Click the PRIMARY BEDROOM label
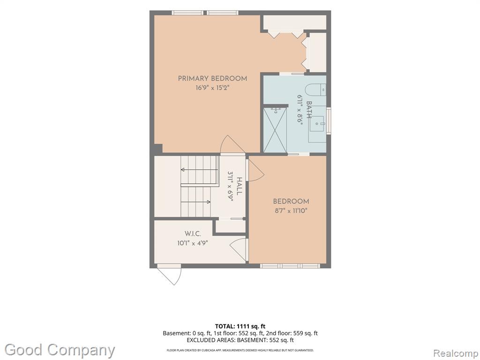point(212,78)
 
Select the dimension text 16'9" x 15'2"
point(212,88)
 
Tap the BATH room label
point(309,109)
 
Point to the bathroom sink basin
point(317,124)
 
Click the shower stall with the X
point(275,130)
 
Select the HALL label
point(240,186)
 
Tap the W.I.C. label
point(193,234)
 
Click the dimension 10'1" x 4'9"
point(193,244)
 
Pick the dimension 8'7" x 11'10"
point(290,210)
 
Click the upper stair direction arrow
point(199,170)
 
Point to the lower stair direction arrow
point(195,202)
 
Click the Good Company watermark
point(60,350)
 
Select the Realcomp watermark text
point(456,353)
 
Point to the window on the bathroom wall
point(329,120)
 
